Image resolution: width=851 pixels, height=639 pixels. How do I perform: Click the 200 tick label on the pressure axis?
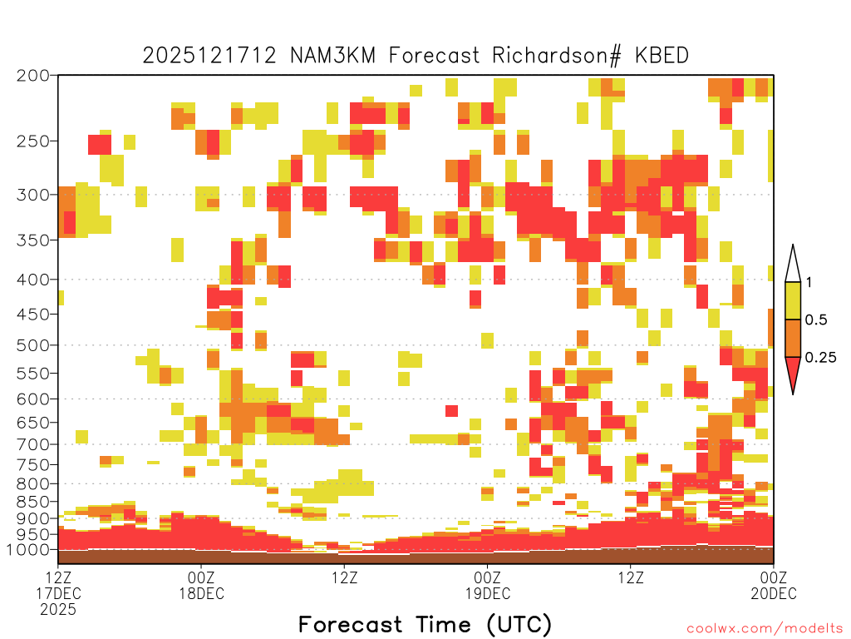pos(32,76)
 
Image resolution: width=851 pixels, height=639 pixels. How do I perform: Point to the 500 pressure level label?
pos(32,345)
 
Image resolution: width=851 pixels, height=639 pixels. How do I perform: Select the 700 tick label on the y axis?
pos(32,444)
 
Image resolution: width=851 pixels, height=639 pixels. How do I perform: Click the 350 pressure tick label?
pos(32,240)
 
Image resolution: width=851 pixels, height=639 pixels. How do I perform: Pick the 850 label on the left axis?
pos(32,502)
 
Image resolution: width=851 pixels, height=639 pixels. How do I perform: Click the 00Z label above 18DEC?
pos(201,577)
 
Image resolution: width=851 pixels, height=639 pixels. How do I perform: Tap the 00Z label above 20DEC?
pos(774,577)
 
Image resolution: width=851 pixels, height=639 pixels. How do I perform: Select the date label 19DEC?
pos(487,593)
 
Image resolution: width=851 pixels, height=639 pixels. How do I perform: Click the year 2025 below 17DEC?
pos(58,610)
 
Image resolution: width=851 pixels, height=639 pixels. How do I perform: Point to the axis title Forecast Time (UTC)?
pos(425,624)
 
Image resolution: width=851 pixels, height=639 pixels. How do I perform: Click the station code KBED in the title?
pos(662,56)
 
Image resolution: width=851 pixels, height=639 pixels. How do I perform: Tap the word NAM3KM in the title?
pos(332,56)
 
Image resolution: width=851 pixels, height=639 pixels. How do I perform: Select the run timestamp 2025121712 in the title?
pos(209,56)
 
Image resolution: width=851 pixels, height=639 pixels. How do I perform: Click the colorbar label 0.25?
pos(820,358)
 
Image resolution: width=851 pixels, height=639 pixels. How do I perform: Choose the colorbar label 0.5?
pos(816,319)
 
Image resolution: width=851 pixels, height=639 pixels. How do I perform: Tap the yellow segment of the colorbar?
pos(793,300)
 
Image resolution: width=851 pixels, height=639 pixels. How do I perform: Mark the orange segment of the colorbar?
pos(793,338)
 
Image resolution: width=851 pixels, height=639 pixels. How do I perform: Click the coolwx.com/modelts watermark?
pos(765,629)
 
